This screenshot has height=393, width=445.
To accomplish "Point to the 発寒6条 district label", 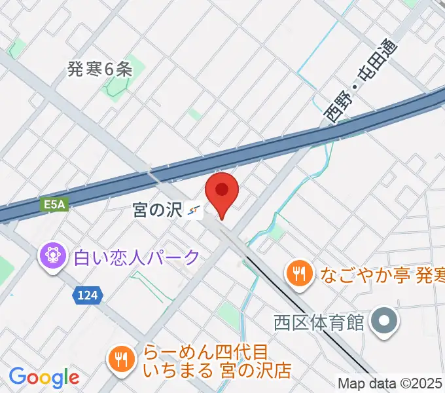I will [100, 69].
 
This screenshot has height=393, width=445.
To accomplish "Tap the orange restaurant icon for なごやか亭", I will [300, 272].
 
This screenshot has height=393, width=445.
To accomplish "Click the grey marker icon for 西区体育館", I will [383, 322].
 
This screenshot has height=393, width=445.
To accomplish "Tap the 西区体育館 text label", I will [318, 322].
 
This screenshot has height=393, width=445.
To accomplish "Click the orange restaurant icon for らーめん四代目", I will [120, 358].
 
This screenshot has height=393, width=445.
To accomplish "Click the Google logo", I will [44, 378].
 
